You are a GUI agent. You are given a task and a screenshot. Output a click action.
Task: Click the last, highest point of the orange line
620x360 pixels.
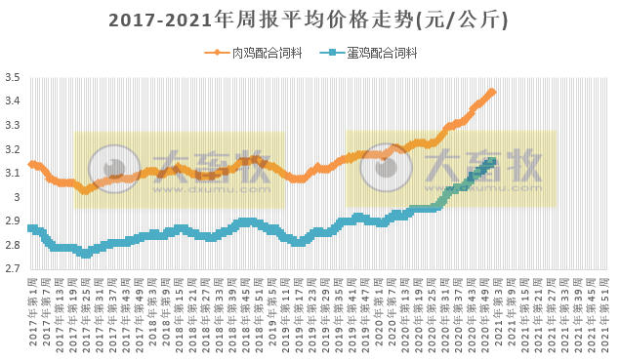click(492, 92)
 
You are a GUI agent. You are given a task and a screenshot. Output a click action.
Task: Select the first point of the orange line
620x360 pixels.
click(32, 164)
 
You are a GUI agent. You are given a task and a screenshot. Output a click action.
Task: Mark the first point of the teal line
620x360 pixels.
click(32, 228)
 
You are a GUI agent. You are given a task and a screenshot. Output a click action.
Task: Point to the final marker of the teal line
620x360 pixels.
click(493, 161)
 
